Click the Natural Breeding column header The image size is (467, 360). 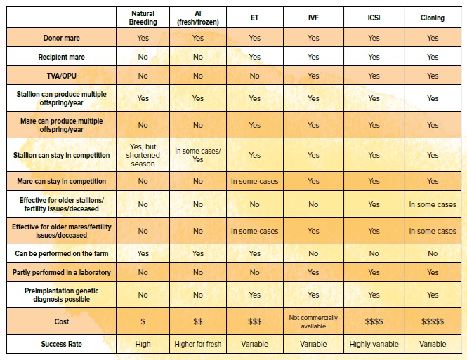tap(143, 18)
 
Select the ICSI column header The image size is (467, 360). tap(373, 18)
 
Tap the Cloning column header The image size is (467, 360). tap(432, 18)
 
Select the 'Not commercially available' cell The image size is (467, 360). tap(313, 321)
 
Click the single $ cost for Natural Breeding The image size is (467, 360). tap(143, 321)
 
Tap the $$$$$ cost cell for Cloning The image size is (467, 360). tap(432, 321)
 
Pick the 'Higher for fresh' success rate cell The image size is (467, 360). tap(198, 344)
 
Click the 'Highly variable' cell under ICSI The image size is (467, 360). tap(373, 344)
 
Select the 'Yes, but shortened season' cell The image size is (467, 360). tap(143, 155)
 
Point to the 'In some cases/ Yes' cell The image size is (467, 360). tap(198, 155)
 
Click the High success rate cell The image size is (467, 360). tap(143, 344)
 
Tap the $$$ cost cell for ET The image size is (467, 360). tap(254, 321)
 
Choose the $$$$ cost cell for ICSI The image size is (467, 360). tap(373, 321)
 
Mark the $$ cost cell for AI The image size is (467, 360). tap(198, 321)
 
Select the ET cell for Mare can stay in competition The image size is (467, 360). tap(254, 181)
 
